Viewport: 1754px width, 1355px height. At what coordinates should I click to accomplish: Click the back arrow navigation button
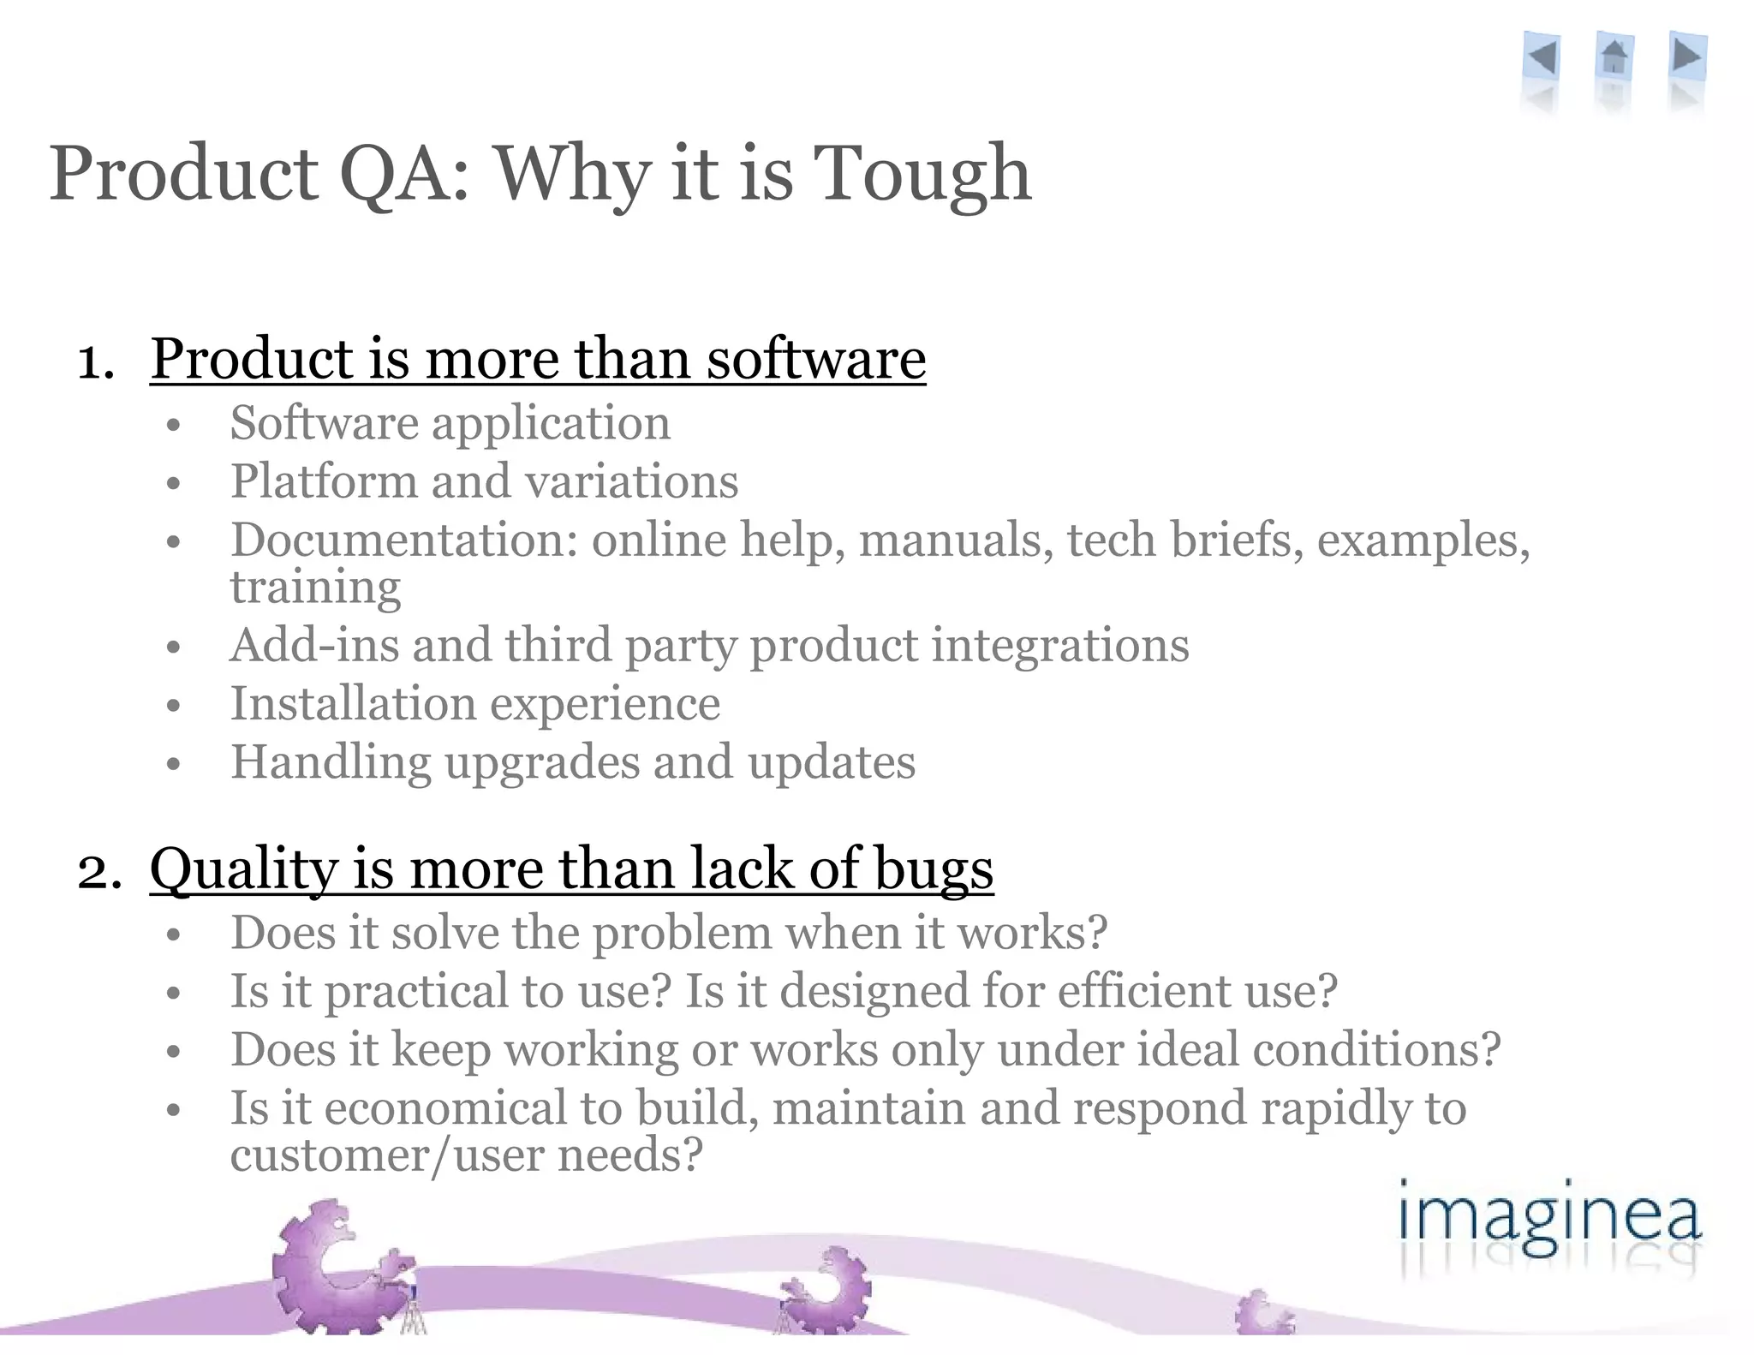click(x=1542, y=59)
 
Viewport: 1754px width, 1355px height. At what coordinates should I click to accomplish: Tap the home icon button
click(x=1614, y=57)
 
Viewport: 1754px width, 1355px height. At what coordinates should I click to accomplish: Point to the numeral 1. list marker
click(x=96, y=361)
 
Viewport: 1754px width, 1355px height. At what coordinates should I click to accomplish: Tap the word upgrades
click(x=541, y=762)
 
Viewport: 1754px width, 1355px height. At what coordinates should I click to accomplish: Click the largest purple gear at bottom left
click(x=330, y=1268)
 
